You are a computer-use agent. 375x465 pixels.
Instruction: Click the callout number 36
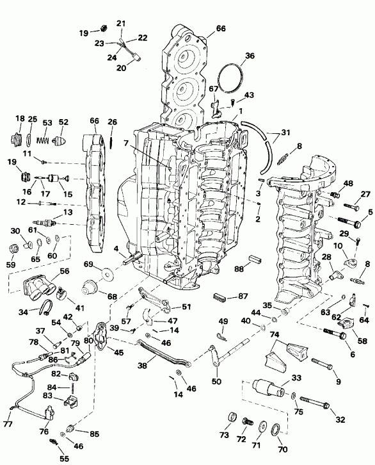250,56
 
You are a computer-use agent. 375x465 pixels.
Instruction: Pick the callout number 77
7,423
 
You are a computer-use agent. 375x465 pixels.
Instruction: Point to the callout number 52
63,122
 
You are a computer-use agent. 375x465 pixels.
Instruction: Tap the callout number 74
274,334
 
